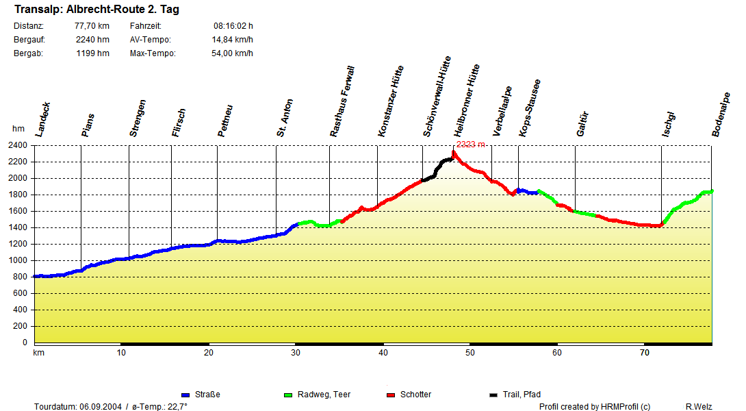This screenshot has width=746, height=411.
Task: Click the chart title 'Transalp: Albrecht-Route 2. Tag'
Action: [97, 10]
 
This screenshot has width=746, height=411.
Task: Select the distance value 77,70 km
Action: [92, 26]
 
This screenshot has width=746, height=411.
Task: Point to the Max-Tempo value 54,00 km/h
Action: [232, 53]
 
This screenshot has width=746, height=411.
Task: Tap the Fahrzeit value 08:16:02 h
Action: [233, 26]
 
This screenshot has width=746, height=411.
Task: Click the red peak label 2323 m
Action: [470, 145]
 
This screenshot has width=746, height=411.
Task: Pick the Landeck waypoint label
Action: [42, 120]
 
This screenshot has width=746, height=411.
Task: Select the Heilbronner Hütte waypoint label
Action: [467, 101]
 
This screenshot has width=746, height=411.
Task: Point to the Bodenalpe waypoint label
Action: [720, 114]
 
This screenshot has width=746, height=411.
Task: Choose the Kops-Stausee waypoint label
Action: [530, 108]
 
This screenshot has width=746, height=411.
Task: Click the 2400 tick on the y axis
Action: [17, 145]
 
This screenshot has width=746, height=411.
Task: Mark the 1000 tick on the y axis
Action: [17, 260]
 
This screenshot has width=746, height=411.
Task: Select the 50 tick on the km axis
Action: [470, 353]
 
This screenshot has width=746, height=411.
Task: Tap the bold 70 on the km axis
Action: [645, 353]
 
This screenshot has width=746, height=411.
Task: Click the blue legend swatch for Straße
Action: [185, 395]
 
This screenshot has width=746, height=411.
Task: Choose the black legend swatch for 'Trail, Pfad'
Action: [493, 395]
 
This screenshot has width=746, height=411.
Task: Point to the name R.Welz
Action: [699, 407]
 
